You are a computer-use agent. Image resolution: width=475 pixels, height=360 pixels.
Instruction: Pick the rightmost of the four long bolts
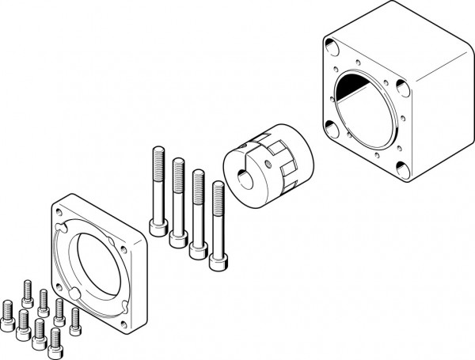pyautogui.click(x=217, y=225)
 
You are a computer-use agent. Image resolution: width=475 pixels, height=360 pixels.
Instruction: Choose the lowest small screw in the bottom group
pyautogui.click(x=55, y=341)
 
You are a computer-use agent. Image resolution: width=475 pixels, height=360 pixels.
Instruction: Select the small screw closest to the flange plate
pyautogui.click(x=75, y=318)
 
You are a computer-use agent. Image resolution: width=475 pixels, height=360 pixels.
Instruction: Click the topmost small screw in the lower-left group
pyautogui.click(x=28, y=289)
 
